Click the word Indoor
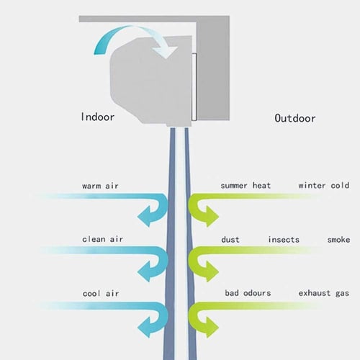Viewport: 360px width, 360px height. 98,117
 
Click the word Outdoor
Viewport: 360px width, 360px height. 295,118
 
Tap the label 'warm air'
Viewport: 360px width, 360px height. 100,186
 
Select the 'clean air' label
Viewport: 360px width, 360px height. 102,239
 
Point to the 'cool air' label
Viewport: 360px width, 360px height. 101,294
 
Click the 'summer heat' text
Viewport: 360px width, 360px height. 246,185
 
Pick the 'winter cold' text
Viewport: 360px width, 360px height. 324,185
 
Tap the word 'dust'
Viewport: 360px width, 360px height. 230,239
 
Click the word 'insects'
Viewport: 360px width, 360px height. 284,239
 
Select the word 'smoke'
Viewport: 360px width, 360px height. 338,239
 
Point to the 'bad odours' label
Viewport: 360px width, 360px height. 248,293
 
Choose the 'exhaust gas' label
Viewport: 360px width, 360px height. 324,293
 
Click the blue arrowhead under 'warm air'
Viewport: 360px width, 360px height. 145,217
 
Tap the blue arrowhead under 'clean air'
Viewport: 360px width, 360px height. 145,271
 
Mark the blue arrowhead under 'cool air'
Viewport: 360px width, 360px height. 145,328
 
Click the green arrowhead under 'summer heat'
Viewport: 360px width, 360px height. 212,217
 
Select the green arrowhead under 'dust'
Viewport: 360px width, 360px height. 212,271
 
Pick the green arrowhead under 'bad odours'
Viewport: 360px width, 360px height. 212,328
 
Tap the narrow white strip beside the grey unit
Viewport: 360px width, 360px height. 194,87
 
